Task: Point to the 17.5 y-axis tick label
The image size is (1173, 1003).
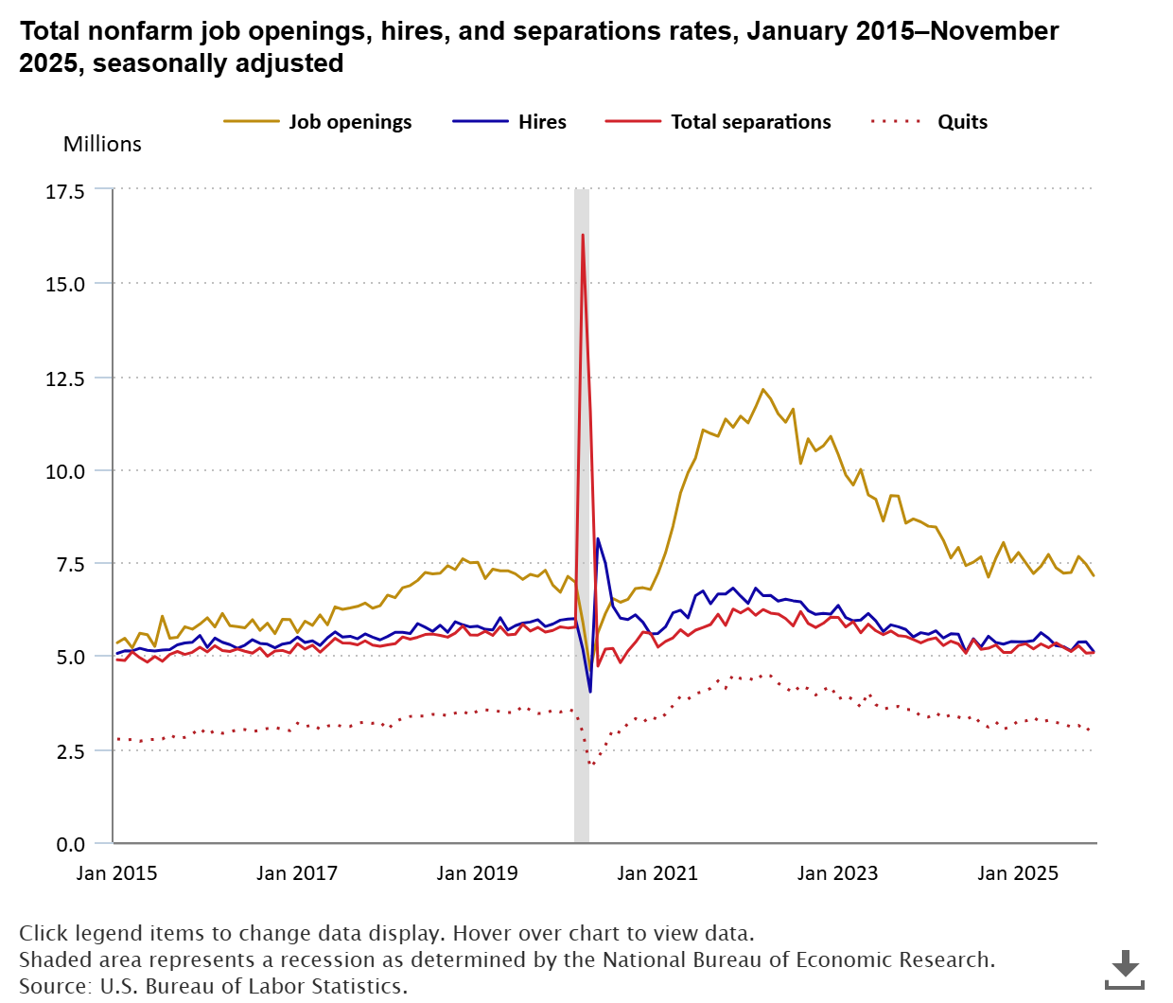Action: coord(65,191)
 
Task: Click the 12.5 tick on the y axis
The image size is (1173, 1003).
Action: coord(65,378)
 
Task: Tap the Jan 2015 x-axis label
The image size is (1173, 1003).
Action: coord(116,873)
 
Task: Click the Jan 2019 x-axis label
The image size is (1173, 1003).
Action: coord(477,873)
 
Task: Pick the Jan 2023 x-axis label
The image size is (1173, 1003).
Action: coord(837,873)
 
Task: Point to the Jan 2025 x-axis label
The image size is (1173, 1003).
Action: coord(1018,873)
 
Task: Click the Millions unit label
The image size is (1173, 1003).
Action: coord(102,144)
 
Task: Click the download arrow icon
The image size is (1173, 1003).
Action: coord(1125,968)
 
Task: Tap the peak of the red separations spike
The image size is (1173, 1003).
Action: coord(583,235)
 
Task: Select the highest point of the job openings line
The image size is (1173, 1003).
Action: coord(762,389)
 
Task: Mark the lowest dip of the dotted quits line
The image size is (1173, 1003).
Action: coord(591,763)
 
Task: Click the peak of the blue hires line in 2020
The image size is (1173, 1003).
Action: coord(597,538)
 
